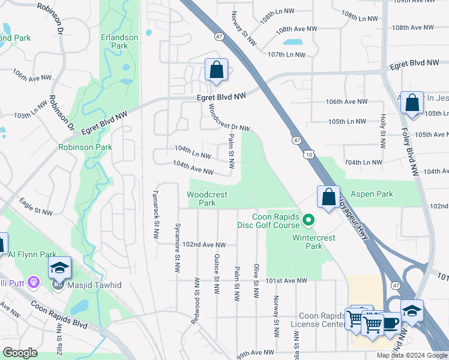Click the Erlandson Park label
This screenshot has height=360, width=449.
pyautogui.click(x=119, y=41)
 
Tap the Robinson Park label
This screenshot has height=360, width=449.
pyautogui.click(x=85, y=147)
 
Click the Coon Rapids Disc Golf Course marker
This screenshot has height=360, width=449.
pyautogui.click(x=309, y=221)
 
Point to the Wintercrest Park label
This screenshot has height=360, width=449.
pyautogui.click(x=307, y=241)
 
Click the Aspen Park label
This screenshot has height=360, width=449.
pyautogui.click(x=376, y=194)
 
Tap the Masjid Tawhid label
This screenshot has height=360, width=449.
pyautogui.click(x=94, y=284)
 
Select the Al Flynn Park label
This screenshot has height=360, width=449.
pyautogui.click(x=28, y=254)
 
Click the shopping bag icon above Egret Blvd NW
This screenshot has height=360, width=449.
pyautogui.click(x=216, y=70)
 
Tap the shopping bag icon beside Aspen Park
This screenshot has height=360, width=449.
pyautogui.click(x=328, y=197)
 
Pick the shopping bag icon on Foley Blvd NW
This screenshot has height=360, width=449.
pyautogui.click(x=412, y=103)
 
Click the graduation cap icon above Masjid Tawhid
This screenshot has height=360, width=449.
pyautogui.click(x=59, y=268)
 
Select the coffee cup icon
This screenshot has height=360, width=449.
pyautogui.click(x=391, y=322)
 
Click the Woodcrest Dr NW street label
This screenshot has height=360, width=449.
pyautogui.click(x=228, y=119)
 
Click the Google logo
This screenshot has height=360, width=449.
pyautogui.click(x=20, y=353)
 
